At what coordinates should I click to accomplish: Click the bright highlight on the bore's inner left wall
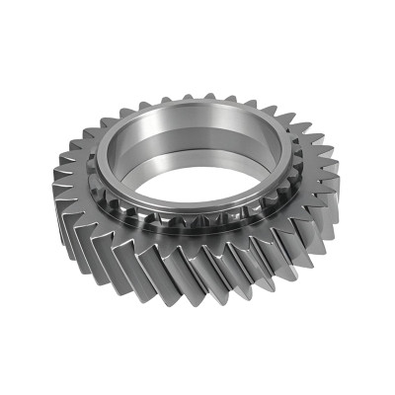[123, 148]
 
